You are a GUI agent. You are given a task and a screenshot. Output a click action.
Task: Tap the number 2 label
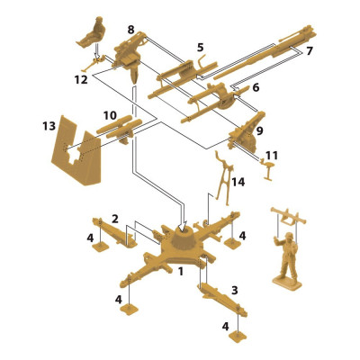[x=115, y=218]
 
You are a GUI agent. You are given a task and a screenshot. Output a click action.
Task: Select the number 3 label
[x=235, y=291]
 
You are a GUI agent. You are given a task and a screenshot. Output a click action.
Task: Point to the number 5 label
[x=200, y=47]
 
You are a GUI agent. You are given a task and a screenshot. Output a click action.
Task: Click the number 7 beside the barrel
[x=309, y=50]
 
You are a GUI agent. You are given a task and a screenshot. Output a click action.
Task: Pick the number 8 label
[x=131, y=30]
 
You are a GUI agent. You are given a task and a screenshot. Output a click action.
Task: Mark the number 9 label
[x=261, y=131]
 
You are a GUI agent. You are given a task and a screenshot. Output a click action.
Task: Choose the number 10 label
[x=109, y=116]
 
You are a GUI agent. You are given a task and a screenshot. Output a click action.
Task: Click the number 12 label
[x=81, y=79]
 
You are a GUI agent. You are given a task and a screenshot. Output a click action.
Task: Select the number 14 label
[x=238, y=183]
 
